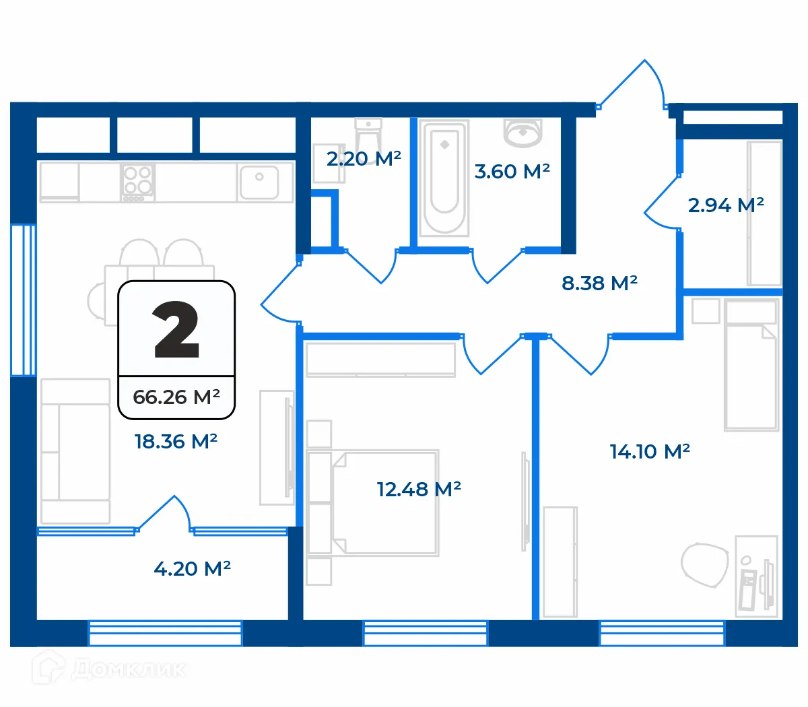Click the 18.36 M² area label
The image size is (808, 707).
pos(176,442)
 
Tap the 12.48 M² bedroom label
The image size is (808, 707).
pos(418,489)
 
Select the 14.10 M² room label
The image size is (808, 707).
pos(650,451)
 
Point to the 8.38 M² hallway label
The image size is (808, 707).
pos(599,283)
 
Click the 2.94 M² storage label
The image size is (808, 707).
pos(725,205)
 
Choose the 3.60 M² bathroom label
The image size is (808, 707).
pos(512,171)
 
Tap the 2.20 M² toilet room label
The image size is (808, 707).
pos(364,158)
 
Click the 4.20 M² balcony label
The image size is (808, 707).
pos(192,569)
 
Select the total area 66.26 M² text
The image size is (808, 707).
pos(176,397)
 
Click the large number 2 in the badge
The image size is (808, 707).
pos(176,329)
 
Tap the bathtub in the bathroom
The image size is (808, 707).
pos(444,178)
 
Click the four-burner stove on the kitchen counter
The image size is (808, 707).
pos(137,182)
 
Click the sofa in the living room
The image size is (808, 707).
pos(75,451)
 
